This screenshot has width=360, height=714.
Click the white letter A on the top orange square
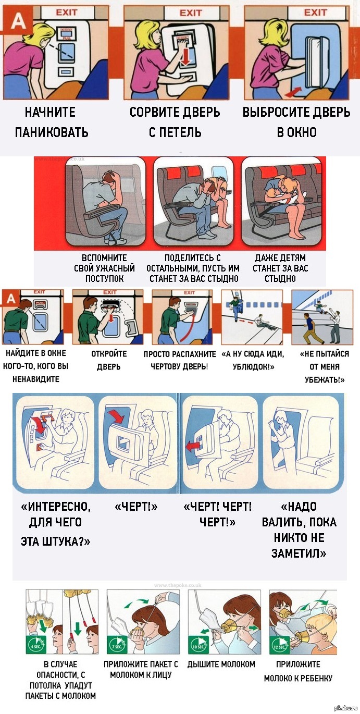point(19,22)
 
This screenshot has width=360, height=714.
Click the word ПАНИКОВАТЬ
point(51,132)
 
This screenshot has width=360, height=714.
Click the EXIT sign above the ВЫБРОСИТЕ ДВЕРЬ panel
point(315,13)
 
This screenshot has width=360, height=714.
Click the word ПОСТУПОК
point(105,279)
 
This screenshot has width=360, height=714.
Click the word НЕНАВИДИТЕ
point(36,379)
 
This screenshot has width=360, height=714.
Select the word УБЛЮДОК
point(254,366)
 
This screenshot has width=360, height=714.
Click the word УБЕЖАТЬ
point(325,379)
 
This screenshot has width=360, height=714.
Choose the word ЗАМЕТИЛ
point(299,553)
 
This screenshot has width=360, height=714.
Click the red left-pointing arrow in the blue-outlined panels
point(192,446)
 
